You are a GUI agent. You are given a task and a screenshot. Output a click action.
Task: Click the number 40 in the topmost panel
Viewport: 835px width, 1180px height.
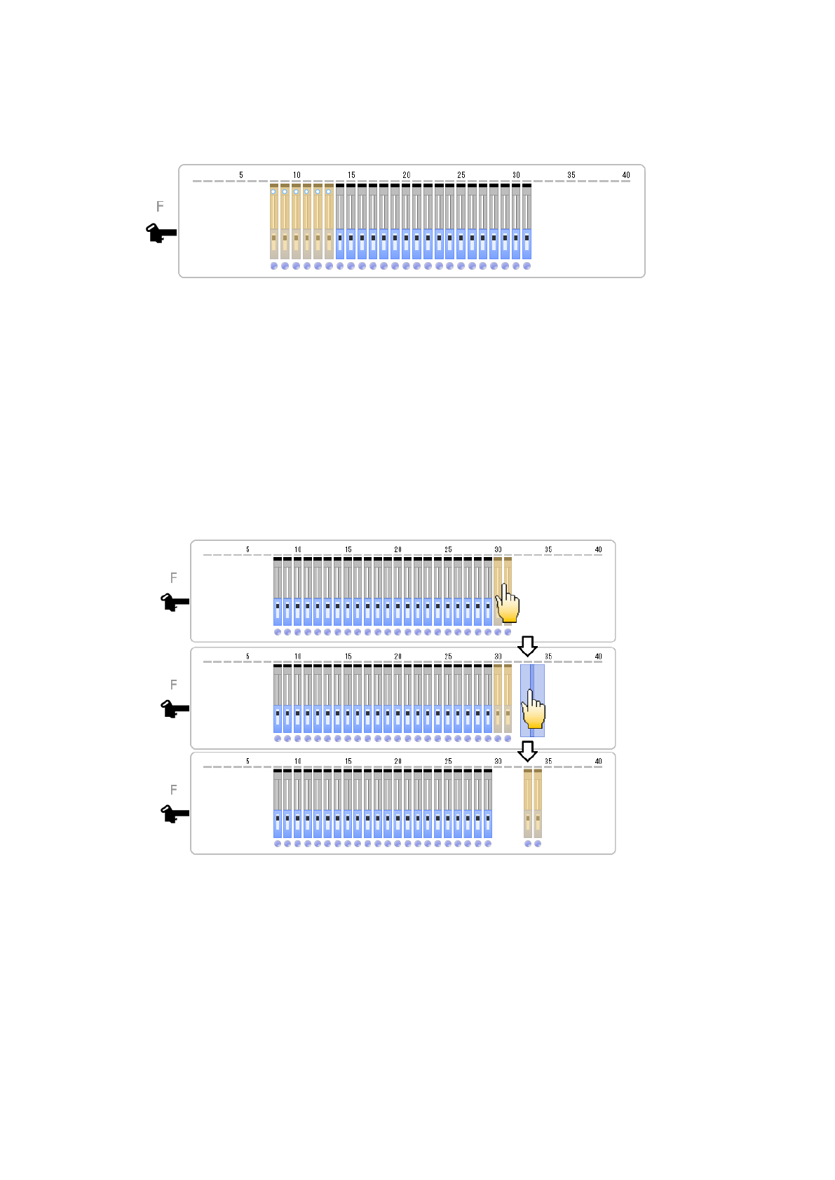pyautogui.click(x=626, y=175)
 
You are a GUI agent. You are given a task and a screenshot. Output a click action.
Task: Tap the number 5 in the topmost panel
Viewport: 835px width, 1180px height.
pyautogui.click(x=241, y=175)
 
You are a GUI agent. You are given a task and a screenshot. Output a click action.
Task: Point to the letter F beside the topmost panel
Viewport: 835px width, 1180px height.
pyautogui.click(x=160, y=207)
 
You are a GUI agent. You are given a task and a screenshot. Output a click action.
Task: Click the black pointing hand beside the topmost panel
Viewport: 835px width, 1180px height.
pyautogui.click(x=161, y=233)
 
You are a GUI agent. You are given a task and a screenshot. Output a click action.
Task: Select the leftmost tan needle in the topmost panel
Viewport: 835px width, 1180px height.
pyautogui.click(x=274, y=221)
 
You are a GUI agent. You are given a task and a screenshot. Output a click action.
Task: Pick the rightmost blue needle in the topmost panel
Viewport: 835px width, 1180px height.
pyautogui.click(x=527, y=221)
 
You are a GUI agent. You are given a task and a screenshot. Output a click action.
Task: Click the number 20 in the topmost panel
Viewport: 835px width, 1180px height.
pyautogui.click(x=407, y=175)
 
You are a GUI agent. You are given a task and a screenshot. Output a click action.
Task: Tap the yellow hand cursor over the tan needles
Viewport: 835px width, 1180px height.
pyautogui.click(x=508, y=604)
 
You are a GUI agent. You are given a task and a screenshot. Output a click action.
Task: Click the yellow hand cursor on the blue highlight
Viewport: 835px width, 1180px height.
pyautogui.click(x=534, y=710)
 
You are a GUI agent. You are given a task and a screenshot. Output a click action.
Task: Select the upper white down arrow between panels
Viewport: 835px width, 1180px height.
pyautogui.click(x=527, y=645)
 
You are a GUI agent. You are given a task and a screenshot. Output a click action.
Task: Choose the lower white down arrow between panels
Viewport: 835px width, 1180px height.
pyautogui.click(x=527, y=751)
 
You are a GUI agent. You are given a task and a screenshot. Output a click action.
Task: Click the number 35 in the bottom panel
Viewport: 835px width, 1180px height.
pyautogui.click(x=548, y=761)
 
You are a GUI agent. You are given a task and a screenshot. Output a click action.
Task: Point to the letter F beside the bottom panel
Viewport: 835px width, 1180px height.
pyautogui.click(x=174, y=790)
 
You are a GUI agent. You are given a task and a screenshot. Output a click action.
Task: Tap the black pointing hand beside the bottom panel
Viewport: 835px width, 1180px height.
pyautogui.click(x=175, y=814)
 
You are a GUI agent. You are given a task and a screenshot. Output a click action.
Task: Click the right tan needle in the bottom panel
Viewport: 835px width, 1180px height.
pyautogui.click(x=538, y=803)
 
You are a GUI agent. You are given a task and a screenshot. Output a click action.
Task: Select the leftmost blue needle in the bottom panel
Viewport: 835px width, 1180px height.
pyautogui.click(x=278, y=803)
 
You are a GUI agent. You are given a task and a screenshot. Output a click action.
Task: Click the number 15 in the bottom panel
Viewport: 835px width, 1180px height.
pyautogui.click(x=348, y=761)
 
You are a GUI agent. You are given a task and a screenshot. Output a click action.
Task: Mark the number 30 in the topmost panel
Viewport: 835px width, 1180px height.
pyautogui.click(x=516, y=175)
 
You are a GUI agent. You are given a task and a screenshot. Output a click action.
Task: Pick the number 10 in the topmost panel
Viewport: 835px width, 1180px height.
pyautogui.click(x=297, y=175)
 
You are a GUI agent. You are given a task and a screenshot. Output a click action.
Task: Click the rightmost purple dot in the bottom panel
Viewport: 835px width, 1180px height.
pyautogui.click(x=538, y=844)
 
